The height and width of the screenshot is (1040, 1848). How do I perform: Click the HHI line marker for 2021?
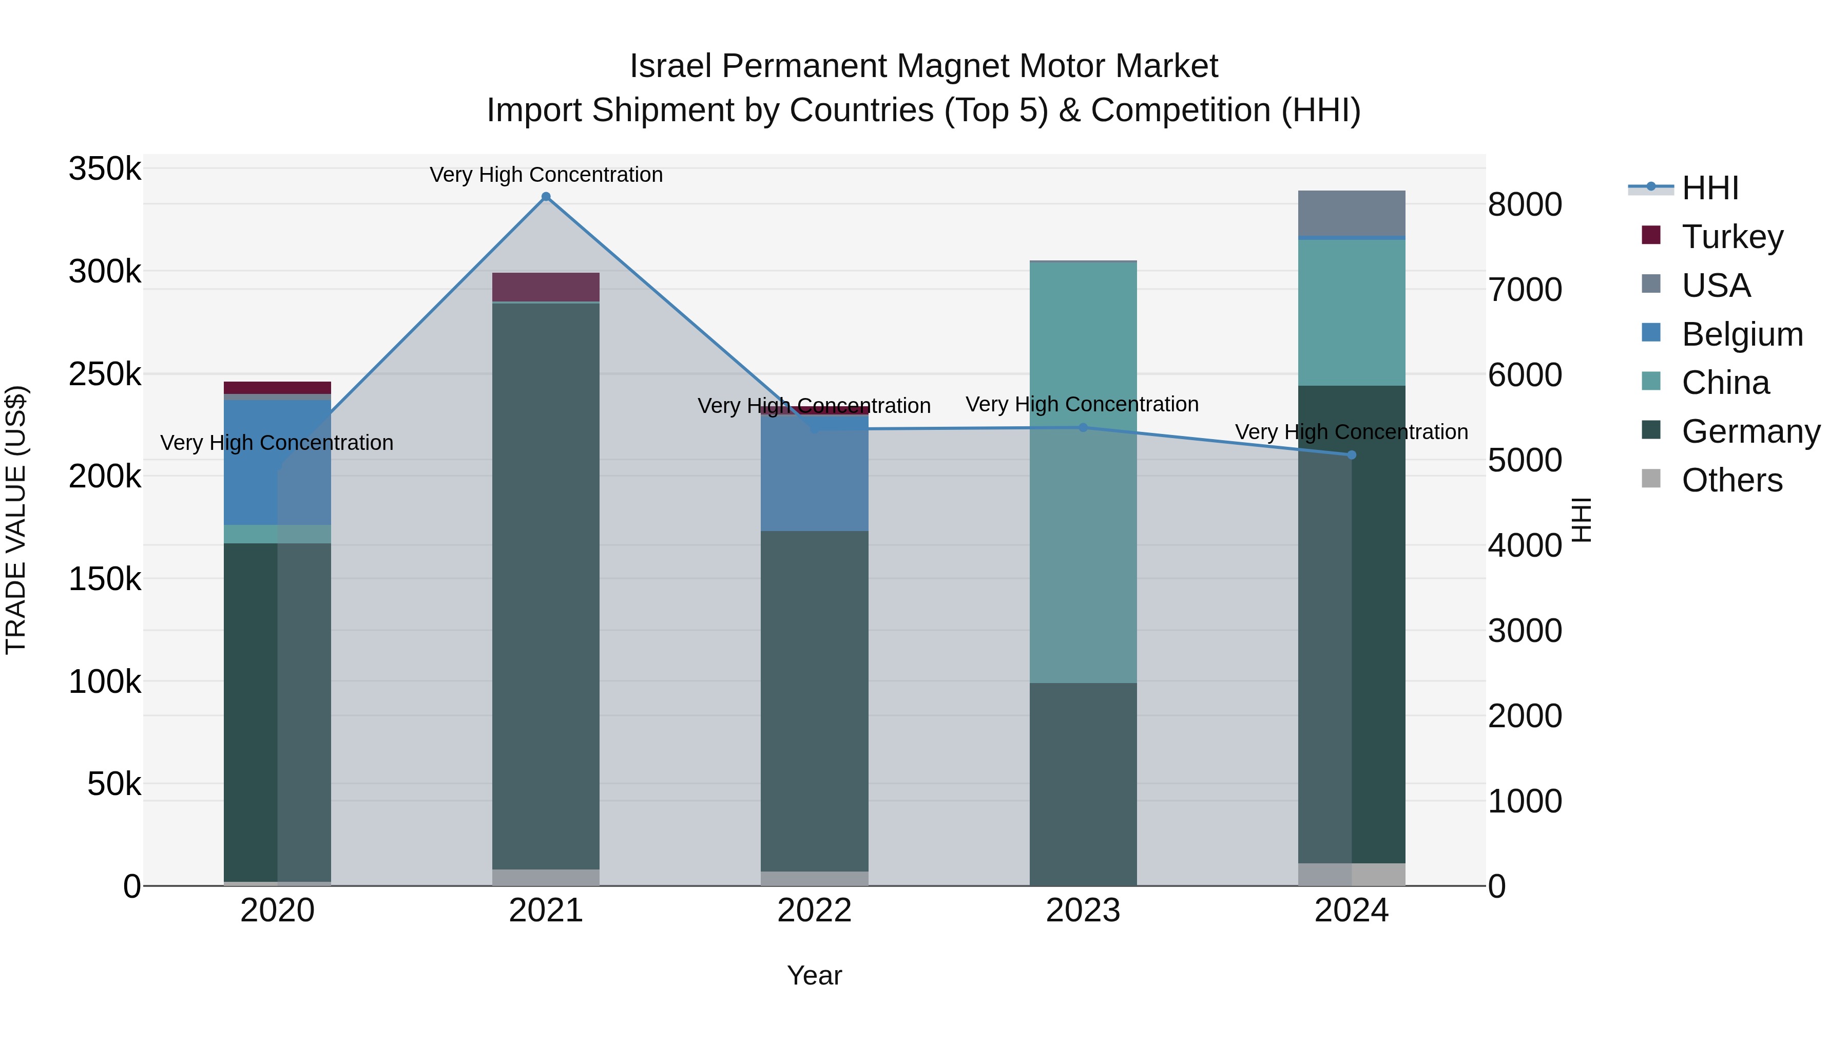point(546,197)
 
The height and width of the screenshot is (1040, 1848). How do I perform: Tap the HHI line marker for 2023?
point(1083,428)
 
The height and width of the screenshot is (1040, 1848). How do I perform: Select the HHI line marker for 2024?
point(1352,455)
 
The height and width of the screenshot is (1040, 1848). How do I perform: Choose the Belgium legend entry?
point(1741,334)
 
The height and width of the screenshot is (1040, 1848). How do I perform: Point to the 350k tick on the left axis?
point(105,169)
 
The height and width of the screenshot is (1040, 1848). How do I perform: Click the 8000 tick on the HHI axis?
point(1525,204)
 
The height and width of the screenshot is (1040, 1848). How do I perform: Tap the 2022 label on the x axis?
point(814,911)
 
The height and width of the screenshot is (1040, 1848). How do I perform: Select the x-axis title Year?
point(814,975)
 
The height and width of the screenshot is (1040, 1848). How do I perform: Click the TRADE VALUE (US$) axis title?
point(16,520)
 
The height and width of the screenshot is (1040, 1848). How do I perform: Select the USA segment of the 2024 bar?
point(1352,213)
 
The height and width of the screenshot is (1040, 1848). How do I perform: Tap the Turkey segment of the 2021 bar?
point(546,287)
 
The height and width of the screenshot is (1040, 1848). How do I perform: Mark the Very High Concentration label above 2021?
point(546,175)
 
